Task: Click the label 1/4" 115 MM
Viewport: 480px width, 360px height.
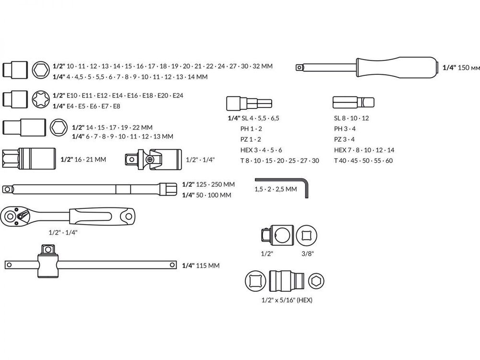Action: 202,265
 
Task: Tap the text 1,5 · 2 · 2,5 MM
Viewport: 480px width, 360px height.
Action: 276,189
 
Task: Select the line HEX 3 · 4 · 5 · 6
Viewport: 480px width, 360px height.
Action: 261,150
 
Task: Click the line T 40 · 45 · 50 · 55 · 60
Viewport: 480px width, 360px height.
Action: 363,160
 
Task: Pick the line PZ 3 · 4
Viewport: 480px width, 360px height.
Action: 344,139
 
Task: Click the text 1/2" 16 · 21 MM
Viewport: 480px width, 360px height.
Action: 84,159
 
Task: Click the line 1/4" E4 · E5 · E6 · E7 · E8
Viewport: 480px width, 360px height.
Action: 86,106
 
